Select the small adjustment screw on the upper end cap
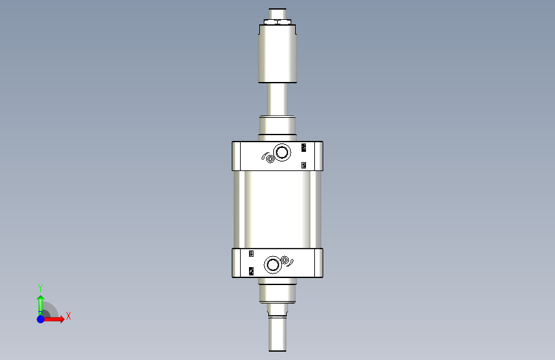point(270,159)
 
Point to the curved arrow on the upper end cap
point(264,156)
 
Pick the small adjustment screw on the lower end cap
point(285,260)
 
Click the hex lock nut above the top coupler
point(278,22)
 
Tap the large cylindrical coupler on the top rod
point(278,54)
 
